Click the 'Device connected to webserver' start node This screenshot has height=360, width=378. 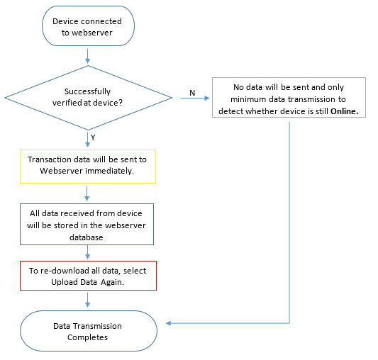pyautogui.click(x=88, y=26)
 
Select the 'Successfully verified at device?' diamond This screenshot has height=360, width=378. pyautogui.click(x=88, y=98)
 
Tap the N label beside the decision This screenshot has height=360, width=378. pyautogui.click(x=192, y=93)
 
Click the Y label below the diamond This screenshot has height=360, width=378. pyautogui.click(x=93, y=137)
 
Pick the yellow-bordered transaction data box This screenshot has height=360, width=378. pyautogui.click(x=88, y=167)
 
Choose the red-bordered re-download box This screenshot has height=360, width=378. pyautogui.click(x=88, y=276)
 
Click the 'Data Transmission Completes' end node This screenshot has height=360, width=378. pyautogui.click(x=89, y=331)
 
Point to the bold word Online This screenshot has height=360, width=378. pyautogui.click(x=344, y=111)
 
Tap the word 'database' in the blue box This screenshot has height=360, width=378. pyautogui.click(x=87, y=237)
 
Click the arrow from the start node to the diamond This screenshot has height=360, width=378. pyautogui.click(x=88, y=56)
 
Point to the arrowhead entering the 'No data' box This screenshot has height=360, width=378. pyautogui.click(x=207, y=98)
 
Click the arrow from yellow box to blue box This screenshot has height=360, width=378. pyautogui.click(x=87, y=193)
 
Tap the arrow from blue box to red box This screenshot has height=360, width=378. pyautogui.click(x=88, y=252)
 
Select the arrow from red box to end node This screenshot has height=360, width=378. pyautogui.click(x=88, y=300)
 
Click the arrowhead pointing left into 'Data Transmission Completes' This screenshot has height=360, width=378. pyautogui.click(x=169, y=323)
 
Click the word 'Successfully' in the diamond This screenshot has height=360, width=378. pyautogui.click(x=87, y=91)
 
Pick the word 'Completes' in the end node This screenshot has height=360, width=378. pyautogui.click(x=87, y=337)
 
